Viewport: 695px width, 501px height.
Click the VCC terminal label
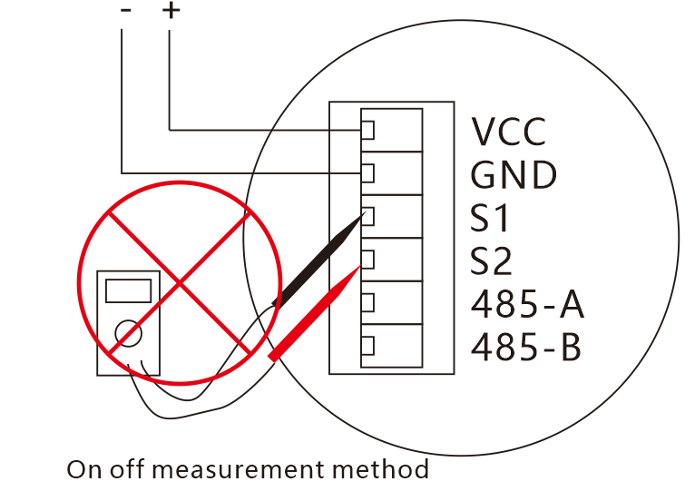(509, 132)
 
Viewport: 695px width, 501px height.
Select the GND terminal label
(513, 174)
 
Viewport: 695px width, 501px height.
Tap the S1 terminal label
(491, 219)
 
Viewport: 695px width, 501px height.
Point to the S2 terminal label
(492, 262)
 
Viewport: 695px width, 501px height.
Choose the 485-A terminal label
(527, 305)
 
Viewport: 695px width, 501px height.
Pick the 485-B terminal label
(526, 347)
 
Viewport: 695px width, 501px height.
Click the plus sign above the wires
(171, 10)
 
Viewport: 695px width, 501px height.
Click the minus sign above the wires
(125, 10)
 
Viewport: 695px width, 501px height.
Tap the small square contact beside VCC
(367, 130)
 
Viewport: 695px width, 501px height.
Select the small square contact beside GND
(367, 172)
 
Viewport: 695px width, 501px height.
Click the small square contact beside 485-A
(367, 302)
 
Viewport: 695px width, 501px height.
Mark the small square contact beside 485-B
(367, 346)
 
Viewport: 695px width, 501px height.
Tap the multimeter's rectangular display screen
(128, 291)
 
